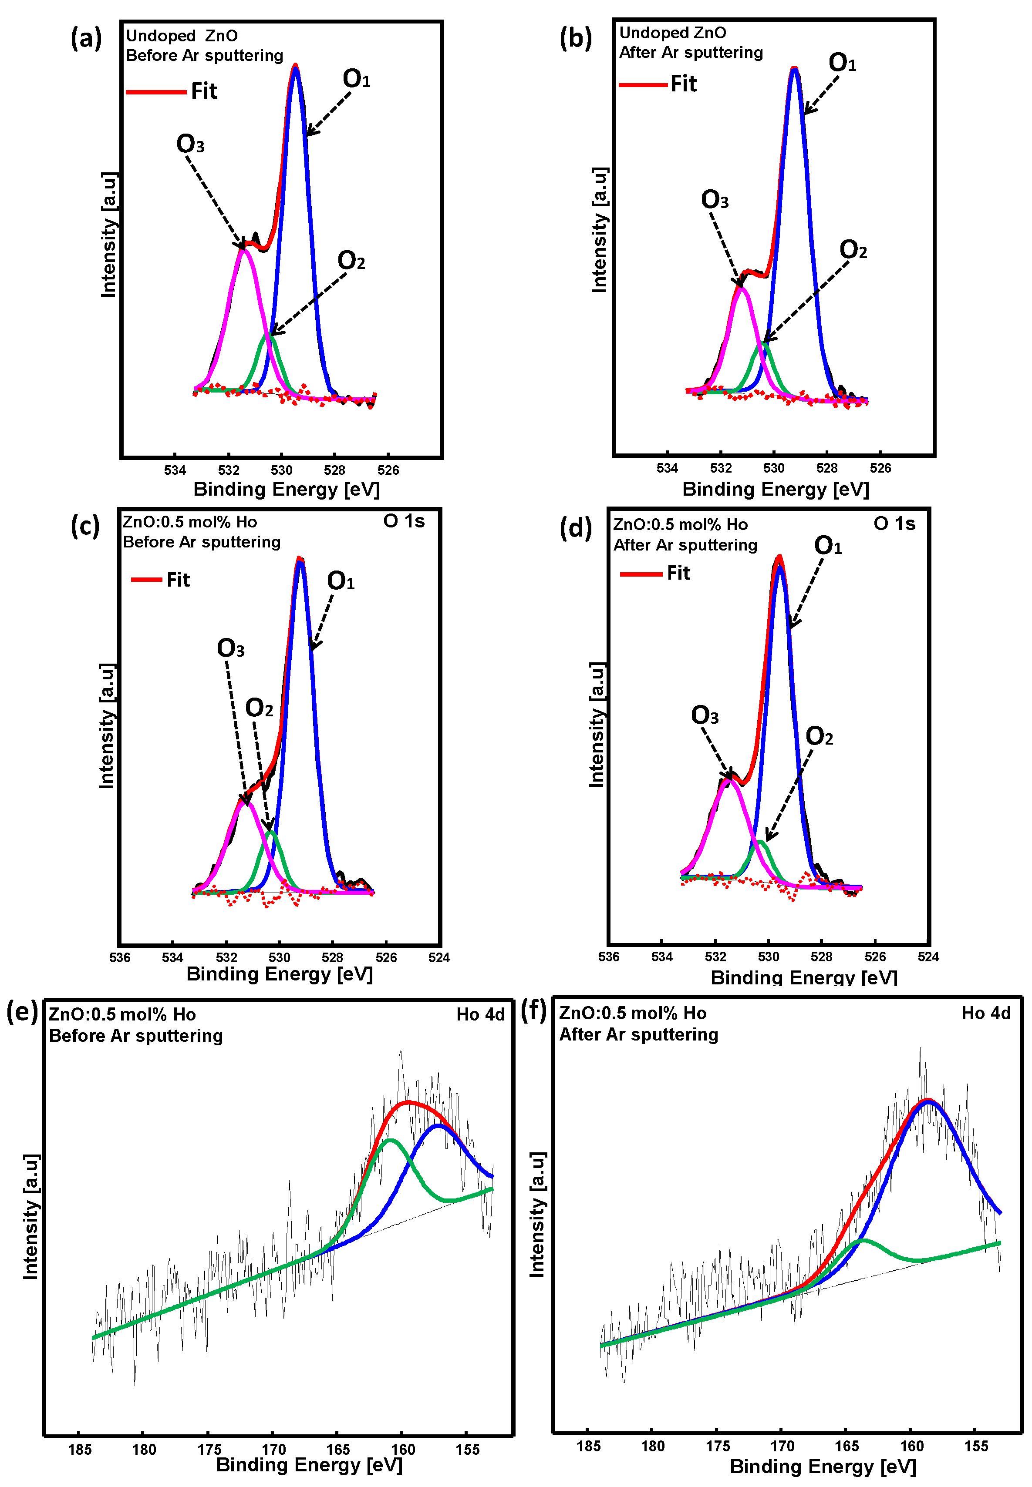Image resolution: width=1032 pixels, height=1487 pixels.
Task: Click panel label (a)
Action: pos(87,39)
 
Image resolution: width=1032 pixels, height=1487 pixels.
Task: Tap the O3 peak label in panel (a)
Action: pos(190,144)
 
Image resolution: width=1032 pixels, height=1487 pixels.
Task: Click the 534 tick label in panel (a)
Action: pos(175,470)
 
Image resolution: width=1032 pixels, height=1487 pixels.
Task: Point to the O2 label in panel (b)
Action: pos(853,249)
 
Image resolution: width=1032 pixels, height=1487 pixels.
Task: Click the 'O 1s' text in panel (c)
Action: pos(404,521)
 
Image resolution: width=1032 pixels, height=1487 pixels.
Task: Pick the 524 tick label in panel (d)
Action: pos(928,957)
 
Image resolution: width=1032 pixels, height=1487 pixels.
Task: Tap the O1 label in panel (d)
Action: pos(828,546)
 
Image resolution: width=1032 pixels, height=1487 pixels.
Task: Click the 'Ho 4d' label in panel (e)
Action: pos(480,1014)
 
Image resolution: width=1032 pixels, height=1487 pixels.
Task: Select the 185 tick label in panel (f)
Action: pos(588,1446)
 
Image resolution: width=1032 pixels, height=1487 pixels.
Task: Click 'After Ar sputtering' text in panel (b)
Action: pos(691,52)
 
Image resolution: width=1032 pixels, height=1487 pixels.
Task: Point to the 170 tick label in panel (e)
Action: pos(273,1450)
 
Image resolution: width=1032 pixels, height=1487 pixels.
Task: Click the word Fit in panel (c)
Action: pos(178,580)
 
